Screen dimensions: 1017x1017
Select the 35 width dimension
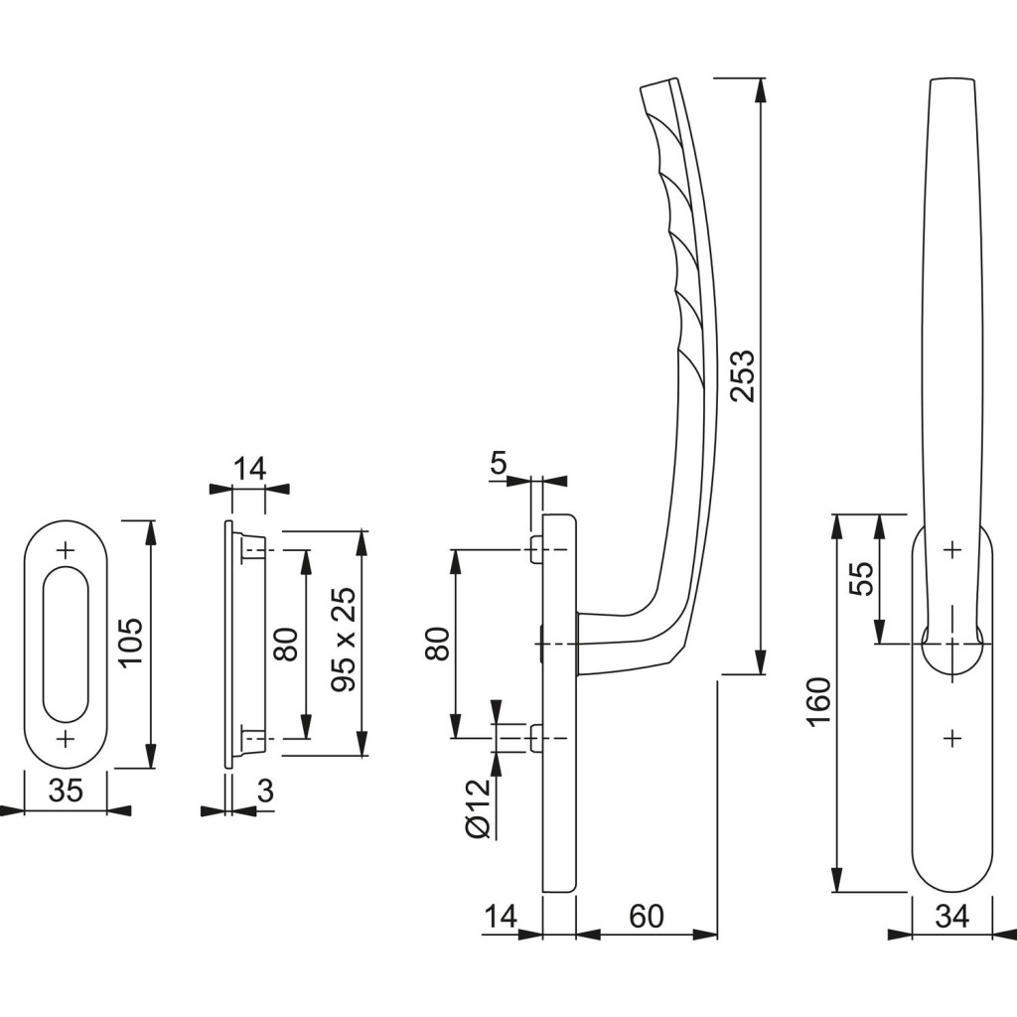pyautogui.click(x=66, y=793)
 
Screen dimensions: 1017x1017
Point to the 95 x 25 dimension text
pyautogui.click(x=344, y=643)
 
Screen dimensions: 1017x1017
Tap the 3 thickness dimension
pyautogui.click(x=264, y=793)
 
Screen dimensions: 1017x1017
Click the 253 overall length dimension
pyautogui.click(x=742, y=374)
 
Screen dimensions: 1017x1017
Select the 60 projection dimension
pyautogui.click(x=647, y=916)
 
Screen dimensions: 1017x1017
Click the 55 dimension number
pyautogui.click(x=861, y=579)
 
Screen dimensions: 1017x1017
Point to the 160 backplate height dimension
pyautogui.click(x=818, y=702)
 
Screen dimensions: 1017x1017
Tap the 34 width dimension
pyautogui.click(x=951, y=916)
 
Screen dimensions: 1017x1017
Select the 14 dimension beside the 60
pyautogui.click(x=502, y=916)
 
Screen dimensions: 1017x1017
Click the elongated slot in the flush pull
pyautogui.click(x=66, y=643)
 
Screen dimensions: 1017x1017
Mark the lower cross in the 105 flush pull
pyautogui.click(x=66, y=738)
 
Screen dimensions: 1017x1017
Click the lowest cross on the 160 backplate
pyautogui.click(x=951, y=737)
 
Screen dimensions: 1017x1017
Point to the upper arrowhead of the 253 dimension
pyautogui.click(x=761, y=89)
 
